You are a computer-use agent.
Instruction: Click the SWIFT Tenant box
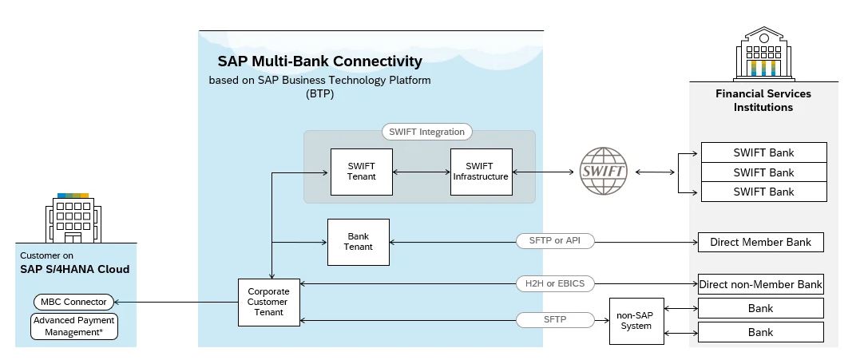pos(362,172)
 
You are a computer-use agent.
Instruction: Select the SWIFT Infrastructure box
pos(481,172)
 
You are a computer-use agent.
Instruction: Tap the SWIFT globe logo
pos(604,172)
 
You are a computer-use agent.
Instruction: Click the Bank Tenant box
pos(359,242)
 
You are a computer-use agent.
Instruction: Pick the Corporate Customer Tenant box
pos(268,302)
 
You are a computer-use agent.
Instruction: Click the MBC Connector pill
pos(74,302)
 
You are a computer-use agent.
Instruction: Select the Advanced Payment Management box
pos(74,326)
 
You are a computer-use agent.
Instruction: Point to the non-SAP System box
pos(636,320)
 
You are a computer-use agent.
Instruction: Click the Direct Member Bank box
pos(760,242)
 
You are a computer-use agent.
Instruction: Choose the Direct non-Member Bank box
pos(760,284)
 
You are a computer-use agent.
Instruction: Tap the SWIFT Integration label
pos(426,132)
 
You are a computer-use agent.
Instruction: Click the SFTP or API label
pos(555,241)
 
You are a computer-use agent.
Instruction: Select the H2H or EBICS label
pos(555,283)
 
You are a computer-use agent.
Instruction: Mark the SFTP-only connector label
pos(555,320)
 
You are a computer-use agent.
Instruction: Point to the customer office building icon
pos(73,216)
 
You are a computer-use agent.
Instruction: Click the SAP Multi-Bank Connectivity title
pos(319,61)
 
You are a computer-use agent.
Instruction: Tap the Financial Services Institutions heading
pos(763,101)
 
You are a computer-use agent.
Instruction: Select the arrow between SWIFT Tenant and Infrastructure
pos(422,172)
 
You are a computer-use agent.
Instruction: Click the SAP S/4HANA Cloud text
pos(75,269)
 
